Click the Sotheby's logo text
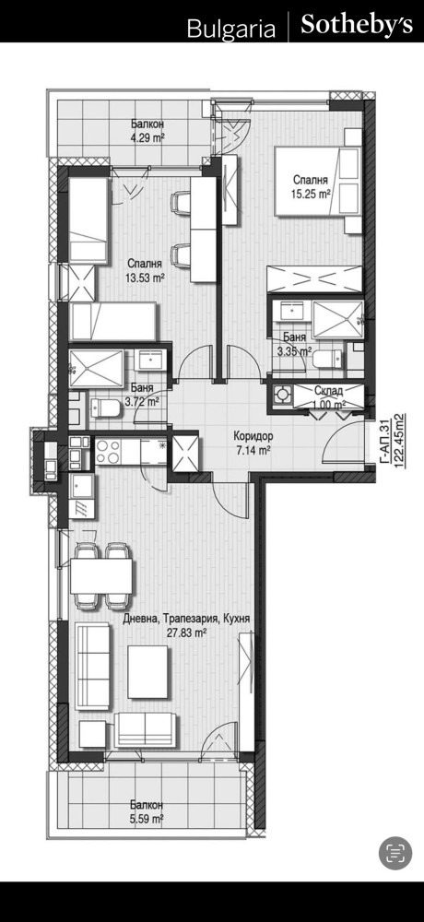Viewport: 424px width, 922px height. pyautogui.click(x=357, y=25)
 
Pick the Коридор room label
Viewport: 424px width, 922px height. pyautogui.click(x=253, y=437)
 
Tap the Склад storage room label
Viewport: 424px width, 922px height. pyautogui.click(x=329, y=390)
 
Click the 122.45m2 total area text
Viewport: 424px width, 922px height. pyautogui.click(x=400, y=440)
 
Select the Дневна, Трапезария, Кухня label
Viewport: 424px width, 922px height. pyautogui.click(x=187, y=620)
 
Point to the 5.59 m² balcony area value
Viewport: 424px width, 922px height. pyautogui.click(x=147, y=818)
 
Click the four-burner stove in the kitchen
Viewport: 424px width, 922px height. pyautogui.click(x=108, y=452)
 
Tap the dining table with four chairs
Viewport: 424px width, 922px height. pyautogui.click(x=100, y=575)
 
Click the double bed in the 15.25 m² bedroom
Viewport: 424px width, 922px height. pyautogui.click(x=318, y=181)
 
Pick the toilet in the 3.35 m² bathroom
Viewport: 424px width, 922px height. pyautogui.click(x=327, y=358)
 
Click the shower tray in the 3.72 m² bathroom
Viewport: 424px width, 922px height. pyautogui.click(x=97, y=369)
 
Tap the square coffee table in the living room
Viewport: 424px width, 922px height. pyautogui.click(x=148, y=672)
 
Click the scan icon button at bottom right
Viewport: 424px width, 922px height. pyautogui.click(x=395, y=853)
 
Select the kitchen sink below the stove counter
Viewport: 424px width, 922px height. pyautogui.click(x=81, y=486)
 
